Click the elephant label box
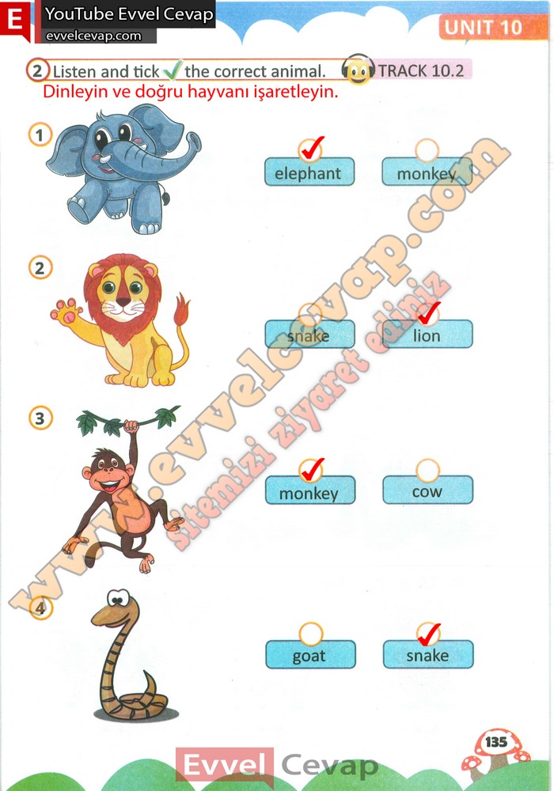click(309, 172)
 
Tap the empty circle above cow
click(427, 470)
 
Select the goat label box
click(310, 654)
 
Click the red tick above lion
click(430, 312)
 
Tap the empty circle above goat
click(310, 634)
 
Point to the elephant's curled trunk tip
click(193, 142)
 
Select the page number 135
click(496, 742)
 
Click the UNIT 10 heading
click(483, 27)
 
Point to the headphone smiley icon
click(358, 70)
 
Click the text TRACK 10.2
click(421, 70)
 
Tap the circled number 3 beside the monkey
click(40, 418)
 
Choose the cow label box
click(428, 490)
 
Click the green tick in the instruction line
click(172, 70)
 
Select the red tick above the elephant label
click(311, 148)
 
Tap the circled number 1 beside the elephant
click(40, 134)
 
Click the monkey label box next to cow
click(310, 490)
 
